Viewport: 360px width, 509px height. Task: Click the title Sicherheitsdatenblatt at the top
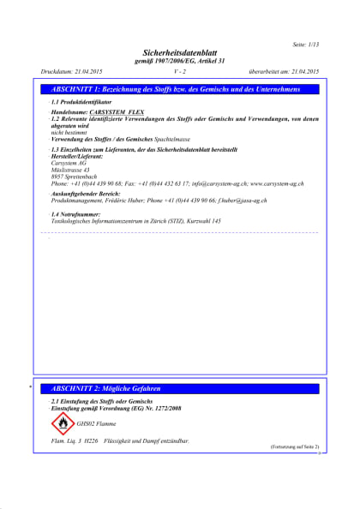[181, 52]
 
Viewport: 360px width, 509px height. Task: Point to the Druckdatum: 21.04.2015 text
[71, 72]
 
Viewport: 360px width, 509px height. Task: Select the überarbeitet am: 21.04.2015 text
[283, 72]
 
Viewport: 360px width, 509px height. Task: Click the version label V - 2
[179, 72]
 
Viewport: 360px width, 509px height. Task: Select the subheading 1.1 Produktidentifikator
[82, 102]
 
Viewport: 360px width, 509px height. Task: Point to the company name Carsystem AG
[69, 162]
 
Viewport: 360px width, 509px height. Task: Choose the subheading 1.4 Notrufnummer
[76, 213]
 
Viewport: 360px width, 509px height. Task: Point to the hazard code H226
[93, 440]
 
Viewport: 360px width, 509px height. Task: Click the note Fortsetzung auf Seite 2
[295, 447]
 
